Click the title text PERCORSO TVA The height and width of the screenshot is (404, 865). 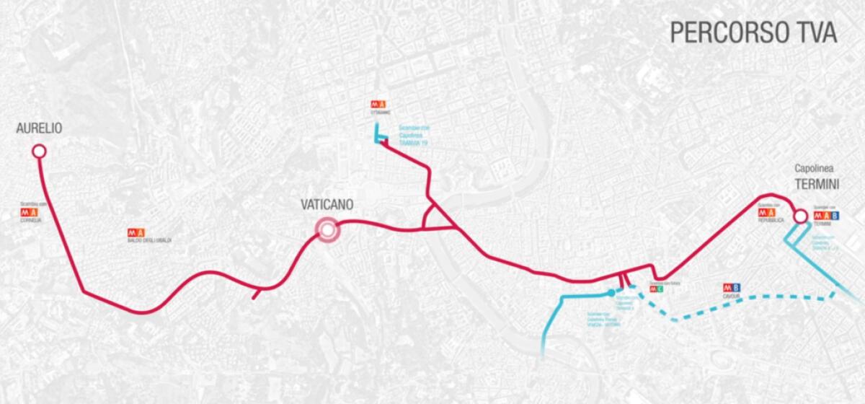(753, 32)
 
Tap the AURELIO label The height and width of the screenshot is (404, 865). (39, 128)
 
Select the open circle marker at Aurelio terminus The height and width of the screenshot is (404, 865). (39, 151)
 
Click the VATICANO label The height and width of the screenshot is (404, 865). (327, 205)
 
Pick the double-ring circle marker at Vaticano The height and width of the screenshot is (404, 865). (327, 230)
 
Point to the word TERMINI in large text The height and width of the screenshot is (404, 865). (817, 185)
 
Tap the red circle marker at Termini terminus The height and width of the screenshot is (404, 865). (799, 216)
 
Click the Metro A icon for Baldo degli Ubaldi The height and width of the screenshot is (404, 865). (136, 232)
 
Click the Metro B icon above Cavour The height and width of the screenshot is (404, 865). (732, 288)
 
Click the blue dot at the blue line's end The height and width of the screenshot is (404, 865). (611, 293)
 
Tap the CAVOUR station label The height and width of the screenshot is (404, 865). (731, 297)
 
